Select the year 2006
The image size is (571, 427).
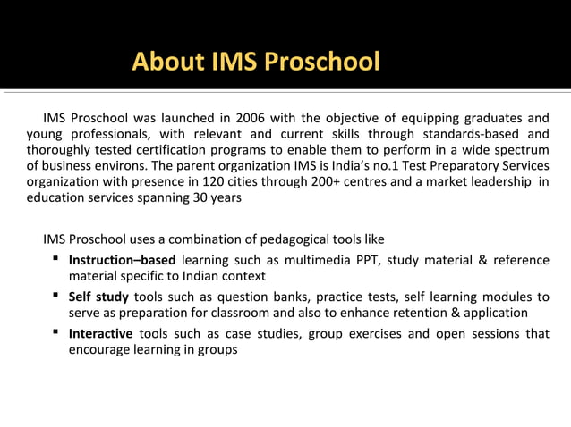[251, 118]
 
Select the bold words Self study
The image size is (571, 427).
[98, 297]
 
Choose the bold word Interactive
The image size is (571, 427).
[100, 333]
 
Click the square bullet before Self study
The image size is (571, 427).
[55, 296]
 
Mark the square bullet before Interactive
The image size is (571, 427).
[55, 332]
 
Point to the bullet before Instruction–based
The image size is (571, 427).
[55, 259]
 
